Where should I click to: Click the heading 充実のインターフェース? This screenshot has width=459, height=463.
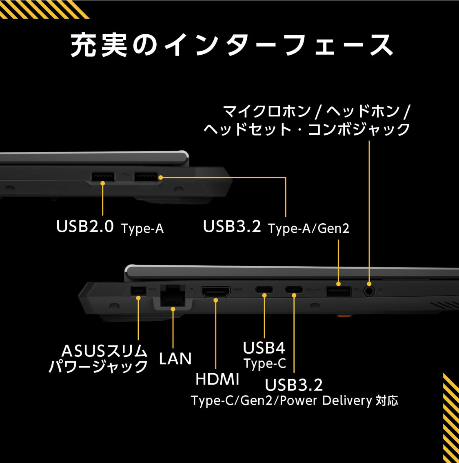tap(232, 45)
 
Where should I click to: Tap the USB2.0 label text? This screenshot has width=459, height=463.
tap(85, 226)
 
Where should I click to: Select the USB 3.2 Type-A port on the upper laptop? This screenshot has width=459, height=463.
tap(146, 177)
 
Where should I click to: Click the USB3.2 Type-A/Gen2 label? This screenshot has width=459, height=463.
tap(276, 227)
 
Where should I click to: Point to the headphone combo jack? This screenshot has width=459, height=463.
tap(369, 291)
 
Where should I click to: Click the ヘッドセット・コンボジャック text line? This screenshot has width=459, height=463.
tap(307, 129)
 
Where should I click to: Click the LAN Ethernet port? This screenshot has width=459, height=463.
tap(173, 295)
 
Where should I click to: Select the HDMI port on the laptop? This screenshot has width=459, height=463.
tap(215, 292)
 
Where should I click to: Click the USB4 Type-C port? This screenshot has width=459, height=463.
tap(264, 290)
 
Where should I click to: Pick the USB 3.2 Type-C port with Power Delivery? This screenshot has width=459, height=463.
tap(294, 290)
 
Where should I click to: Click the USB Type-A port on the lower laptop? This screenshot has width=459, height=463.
tap(338, 291)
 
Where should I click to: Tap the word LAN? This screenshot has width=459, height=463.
tap(175, 358)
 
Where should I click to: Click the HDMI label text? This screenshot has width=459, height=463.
tap(217, 379)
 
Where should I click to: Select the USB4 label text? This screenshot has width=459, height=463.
tap(264, 348)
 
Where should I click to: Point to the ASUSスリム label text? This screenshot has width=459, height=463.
tap(104, 351)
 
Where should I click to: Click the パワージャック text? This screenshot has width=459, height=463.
tap(98, 366)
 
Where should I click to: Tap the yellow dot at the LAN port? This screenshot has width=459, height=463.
tap(173, 309)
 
